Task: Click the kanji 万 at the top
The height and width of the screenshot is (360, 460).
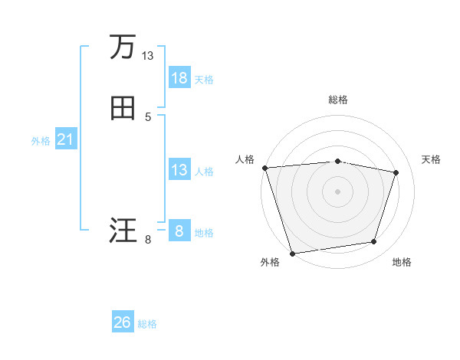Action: tap(123, 47)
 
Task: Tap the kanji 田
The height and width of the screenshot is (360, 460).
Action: tap(123, 109)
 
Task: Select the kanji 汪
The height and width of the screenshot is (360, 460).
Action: tap(123, 231)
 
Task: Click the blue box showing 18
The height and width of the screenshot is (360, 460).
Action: tap(179, 78)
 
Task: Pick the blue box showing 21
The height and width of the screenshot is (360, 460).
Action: tap(65, 139)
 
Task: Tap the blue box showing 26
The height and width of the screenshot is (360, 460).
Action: tap(123, 322)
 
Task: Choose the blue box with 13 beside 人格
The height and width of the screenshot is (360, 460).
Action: tap(179, 170)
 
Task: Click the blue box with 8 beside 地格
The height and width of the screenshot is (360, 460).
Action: tap(179, 231)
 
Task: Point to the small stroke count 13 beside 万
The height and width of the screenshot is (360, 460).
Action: tap(148, 56)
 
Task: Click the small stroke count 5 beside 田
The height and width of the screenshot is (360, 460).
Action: tap(148, 117)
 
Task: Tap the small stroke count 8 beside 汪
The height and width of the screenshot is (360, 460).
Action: tap(148, 240)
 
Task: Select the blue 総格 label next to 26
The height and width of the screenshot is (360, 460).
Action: tap(147, 324)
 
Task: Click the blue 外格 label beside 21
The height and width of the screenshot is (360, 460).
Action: tap(41, 141)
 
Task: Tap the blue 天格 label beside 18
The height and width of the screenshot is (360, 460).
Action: tap(204, 80)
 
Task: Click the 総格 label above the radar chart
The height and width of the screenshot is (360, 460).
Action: tap(337, 100)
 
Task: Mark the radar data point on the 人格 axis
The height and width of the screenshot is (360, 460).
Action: tap(264, 168)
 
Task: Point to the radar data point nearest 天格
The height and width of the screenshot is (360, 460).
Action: tap(396, 172)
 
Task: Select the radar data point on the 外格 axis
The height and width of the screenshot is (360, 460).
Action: tap(292, 253)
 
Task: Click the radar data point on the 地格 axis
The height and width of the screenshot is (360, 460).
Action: tap(374, 242)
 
